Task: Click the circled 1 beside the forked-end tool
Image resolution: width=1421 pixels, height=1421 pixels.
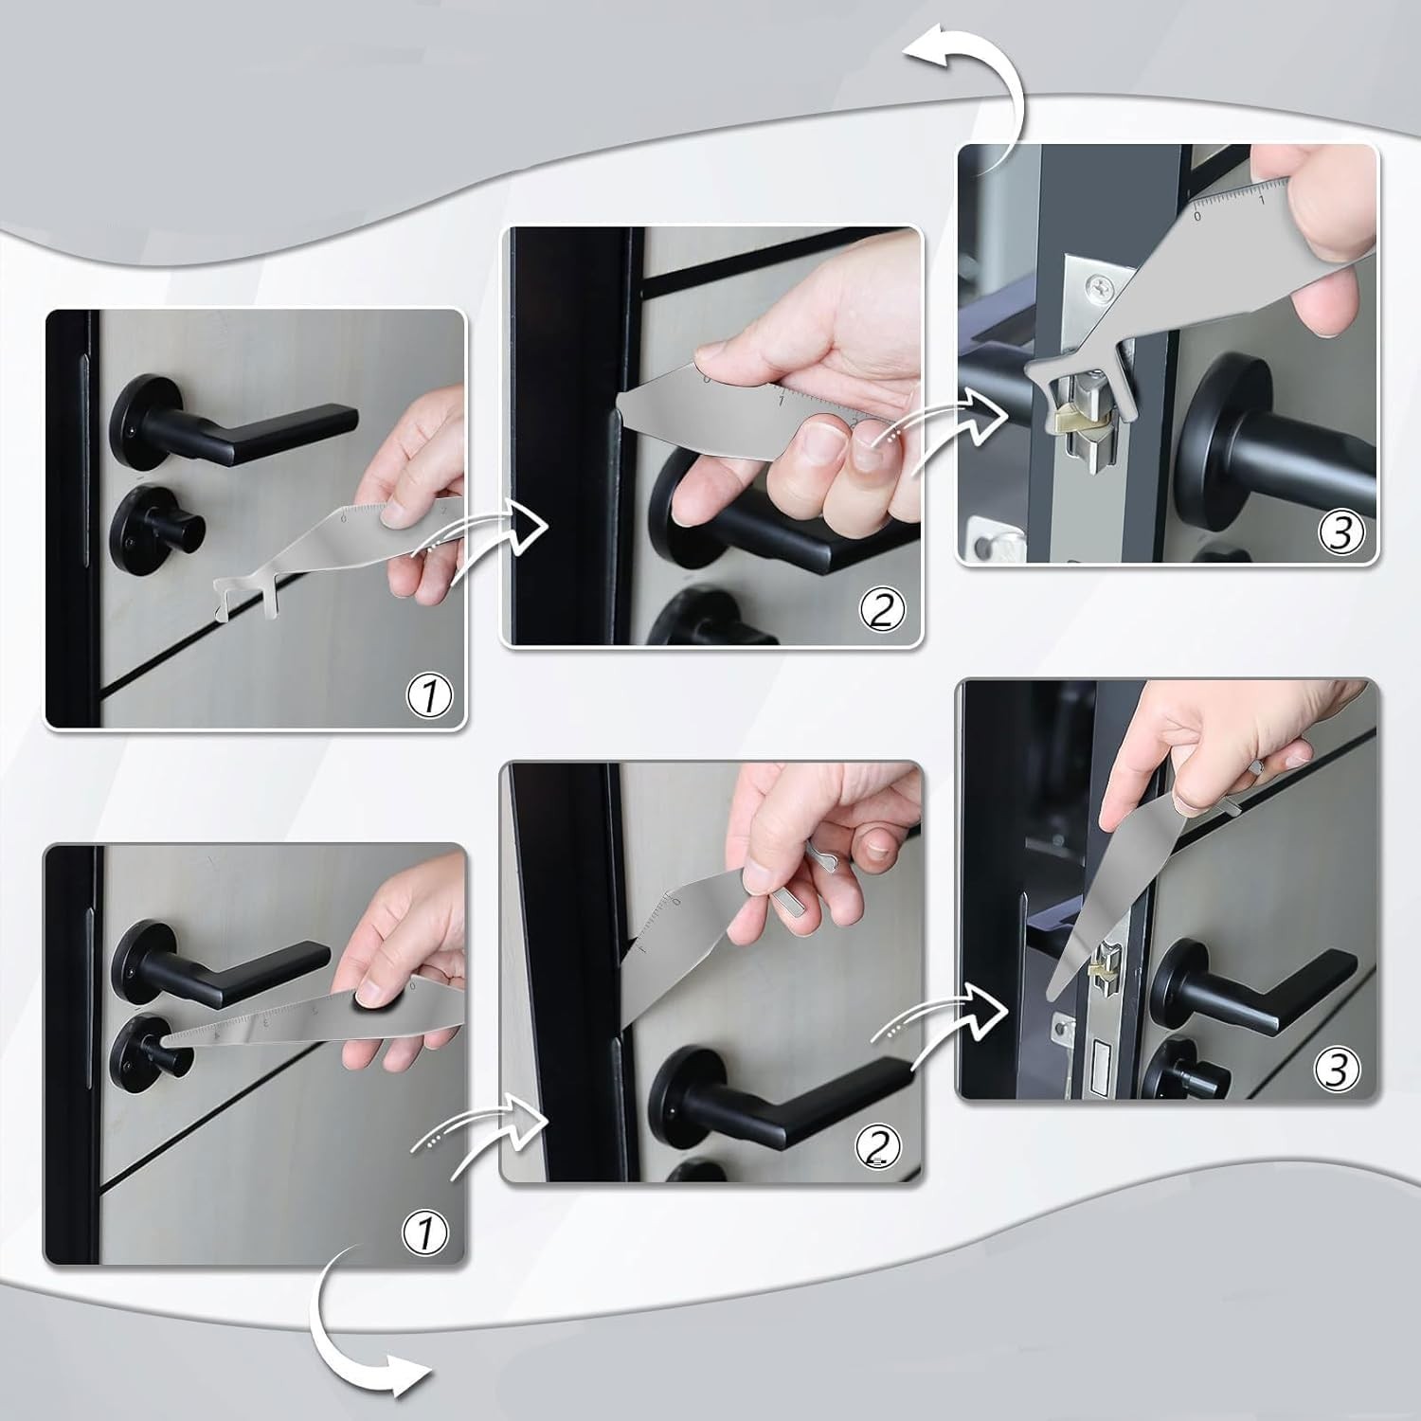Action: click(429, 696)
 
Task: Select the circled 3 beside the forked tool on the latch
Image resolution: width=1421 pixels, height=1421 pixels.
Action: click(1340, 533)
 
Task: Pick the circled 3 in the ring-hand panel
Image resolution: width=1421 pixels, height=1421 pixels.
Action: click(1337, 1070)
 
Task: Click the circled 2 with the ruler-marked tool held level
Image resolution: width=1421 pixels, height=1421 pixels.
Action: click(881, 611)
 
